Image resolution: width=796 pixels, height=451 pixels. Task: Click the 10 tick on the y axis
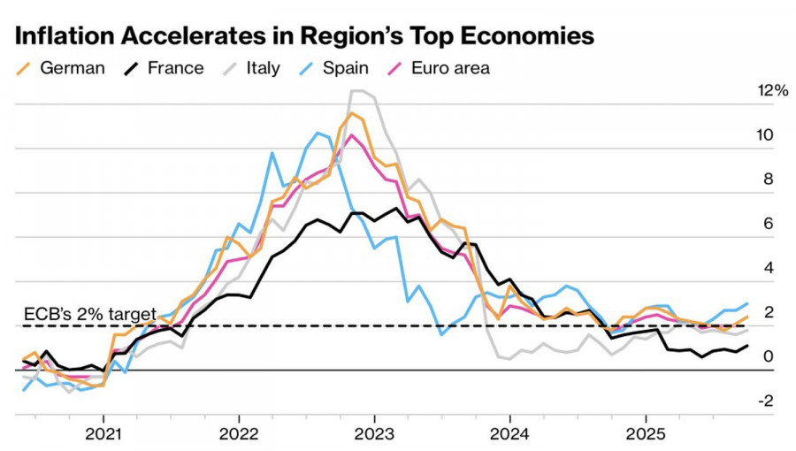[766, 135]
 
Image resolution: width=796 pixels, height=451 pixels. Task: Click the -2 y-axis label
[766, 401]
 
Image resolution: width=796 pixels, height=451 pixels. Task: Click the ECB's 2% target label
[88, 314]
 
